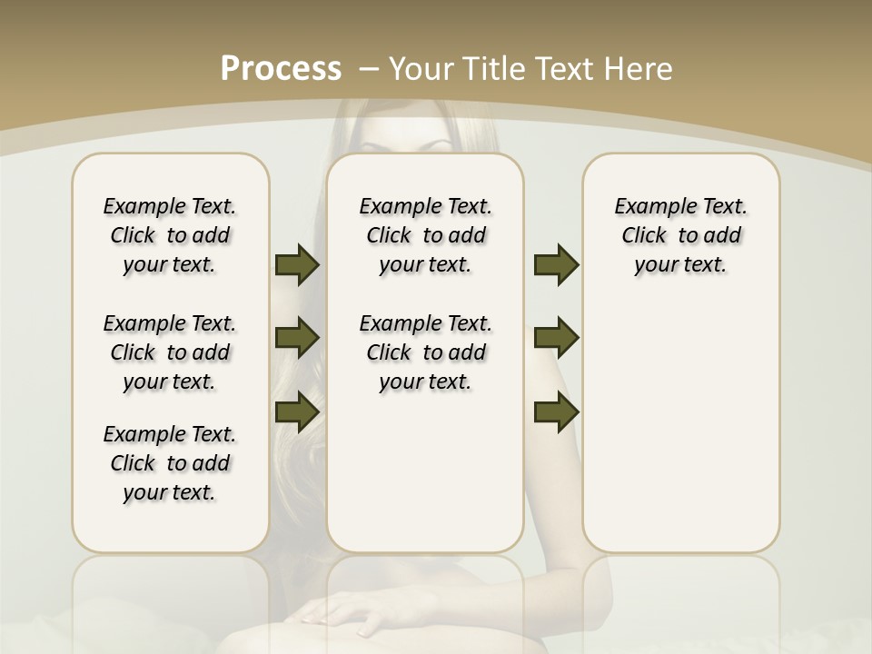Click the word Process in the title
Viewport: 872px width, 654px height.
tap(281, 69)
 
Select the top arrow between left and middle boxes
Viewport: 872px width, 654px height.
tap(297, 265)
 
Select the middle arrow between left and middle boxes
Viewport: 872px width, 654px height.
tap(297, 338)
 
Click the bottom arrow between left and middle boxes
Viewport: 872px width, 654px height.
tap(297, 411)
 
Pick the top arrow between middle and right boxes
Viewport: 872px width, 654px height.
tap(556, 265)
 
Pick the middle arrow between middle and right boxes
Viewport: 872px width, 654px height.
tap(556, 338)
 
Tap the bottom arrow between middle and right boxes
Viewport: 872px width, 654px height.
tap(556, 411)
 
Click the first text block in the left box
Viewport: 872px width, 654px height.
tap(170, 235)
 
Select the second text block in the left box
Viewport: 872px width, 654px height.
tap(170, 352)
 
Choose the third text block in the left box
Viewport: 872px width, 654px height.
tap(170, 463)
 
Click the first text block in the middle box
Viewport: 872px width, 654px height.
tap(425, 235)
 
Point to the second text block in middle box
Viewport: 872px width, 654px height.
tap(425, 352)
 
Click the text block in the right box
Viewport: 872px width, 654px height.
tap(680, 235)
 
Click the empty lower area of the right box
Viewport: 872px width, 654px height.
tap(680, 436)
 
